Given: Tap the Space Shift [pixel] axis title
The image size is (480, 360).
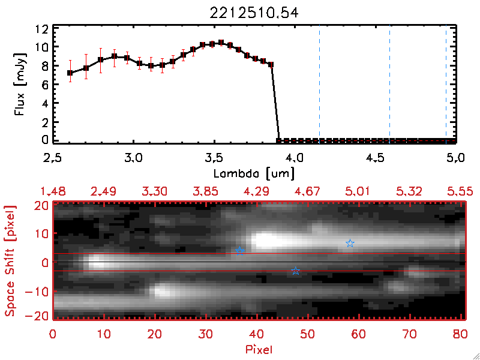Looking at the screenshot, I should point(10,261).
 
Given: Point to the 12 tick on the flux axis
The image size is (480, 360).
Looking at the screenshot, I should point(41,29).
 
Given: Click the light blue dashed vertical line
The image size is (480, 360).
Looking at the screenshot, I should point(319,84).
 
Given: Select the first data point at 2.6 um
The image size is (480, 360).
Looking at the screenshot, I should point(70,73).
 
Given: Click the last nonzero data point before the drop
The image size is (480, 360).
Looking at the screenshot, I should point(271,64).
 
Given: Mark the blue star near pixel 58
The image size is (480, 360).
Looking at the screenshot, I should point(350,243).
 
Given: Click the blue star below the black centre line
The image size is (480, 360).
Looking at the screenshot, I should point(295,271).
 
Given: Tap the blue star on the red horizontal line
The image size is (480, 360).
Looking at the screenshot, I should point(240,251).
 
